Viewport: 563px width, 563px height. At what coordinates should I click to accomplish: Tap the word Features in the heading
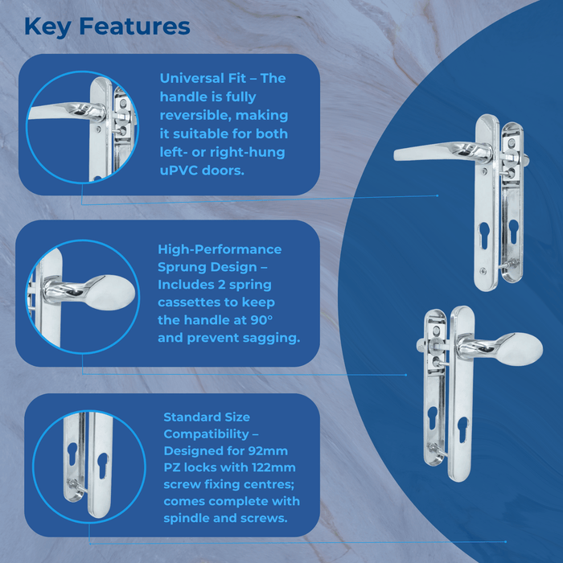[x=136, y=26]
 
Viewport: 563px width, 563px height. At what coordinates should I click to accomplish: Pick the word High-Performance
[x=220, y=249]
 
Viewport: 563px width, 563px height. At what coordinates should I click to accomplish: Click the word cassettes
[x=193, y=302]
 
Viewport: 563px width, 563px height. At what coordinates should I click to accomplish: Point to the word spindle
[x=187, y=519]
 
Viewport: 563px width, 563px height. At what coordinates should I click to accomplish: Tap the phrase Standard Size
[x=207, y=417]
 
